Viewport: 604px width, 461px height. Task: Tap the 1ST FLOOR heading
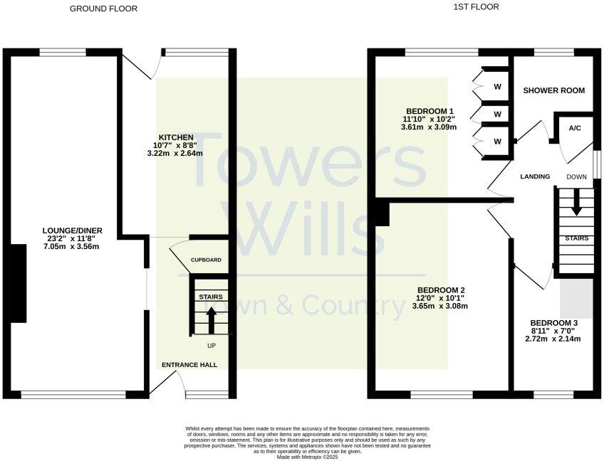point(476,7)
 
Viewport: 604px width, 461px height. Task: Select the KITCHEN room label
point(175,137)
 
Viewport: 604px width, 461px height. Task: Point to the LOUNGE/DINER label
point(72,231)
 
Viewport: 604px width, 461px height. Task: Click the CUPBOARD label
point(206,260)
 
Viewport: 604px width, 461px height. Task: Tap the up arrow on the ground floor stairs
point(211,319)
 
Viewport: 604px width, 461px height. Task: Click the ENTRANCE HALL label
point(189,365)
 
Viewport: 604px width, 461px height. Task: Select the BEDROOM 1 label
point(429,111)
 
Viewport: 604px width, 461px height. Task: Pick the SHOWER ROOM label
point(553,90)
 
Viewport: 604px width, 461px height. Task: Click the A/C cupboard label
point(575,129)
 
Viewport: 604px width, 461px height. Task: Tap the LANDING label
point(535,176)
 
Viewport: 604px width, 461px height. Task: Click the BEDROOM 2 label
point(441,290)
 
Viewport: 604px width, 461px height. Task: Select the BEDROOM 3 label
point(553,323)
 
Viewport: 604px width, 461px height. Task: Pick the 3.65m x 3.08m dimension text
point(440,306)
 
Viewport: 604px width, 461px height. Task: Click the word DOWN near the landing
point(576,176)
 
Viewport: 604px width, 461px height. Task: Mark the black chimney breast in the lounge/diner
point(19,284)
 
